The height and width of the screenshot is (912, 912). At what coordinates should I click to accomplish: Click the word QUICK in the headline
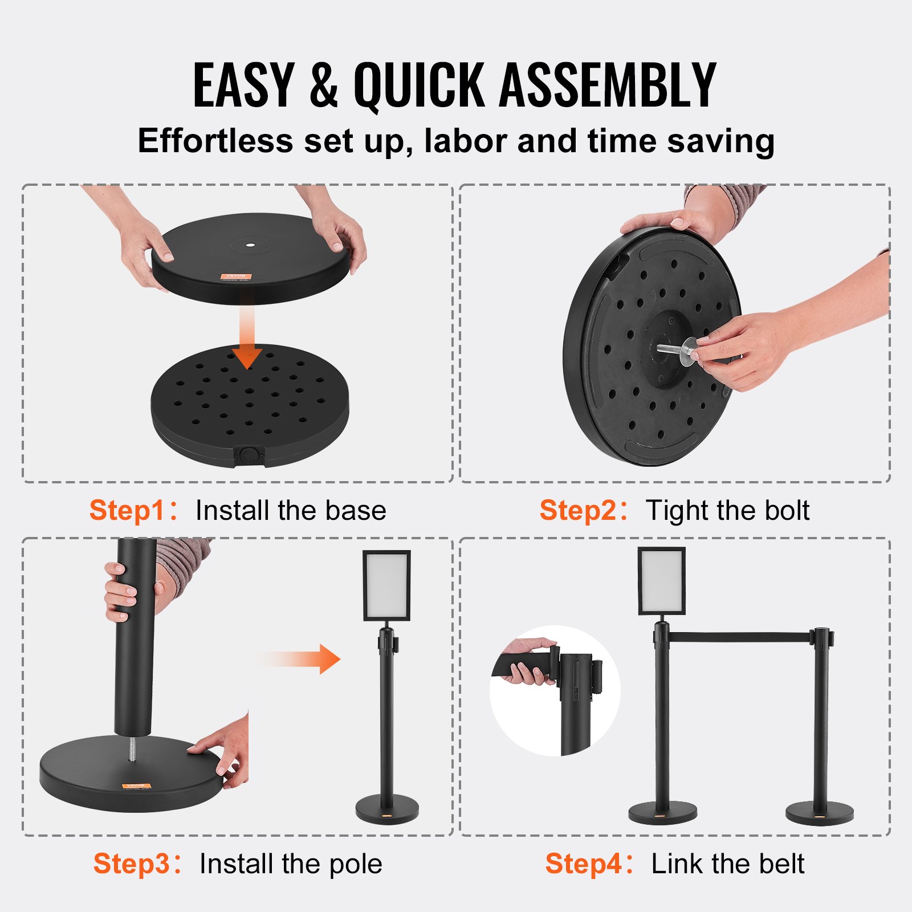coord(419,85)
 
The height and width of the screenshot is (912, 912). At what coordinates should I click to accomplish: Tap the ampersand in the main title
coord(324,85)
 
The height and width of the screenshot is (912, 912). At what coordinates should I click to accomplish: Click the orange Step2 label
coord(577,510)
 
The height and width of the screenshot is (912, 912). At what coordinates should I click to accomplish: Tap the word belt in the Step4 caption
coord(781,864)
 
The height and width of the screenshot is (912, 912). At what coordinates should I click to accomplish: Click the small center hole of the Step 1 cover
coord(250,245)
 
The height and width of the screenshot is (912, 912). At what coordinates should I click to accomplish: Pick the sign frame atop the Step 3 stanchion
coord(386,585)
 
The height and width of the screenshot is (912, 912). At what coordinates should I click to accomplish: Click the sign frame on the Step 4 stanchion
coord(661,581)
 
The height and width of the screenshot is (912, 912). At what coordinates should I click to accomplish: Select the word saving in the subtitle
coord(720,141)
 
